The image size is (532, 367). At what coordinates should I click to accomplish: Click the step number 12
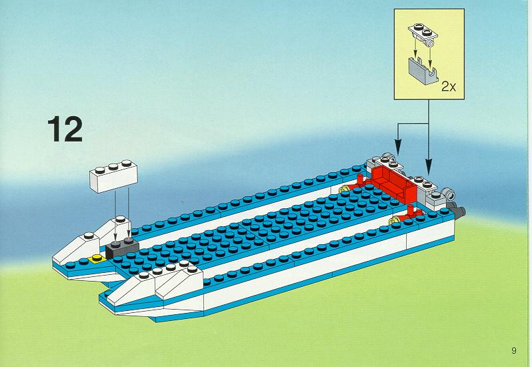click(65, 129)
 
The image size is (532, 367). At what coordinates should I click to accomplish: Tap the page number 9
click(514, 350)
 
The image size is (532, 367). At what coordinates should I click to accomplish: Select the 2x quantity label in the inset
click(449, 87)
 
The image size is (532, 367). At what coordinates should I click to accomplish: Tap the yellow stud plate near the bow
click(97, 259)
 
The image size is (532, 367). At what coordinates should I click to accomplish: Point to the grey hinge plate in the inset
click(423, 34)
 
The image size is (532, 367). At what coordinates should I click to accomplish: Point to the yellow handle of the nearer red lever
click(395, 220)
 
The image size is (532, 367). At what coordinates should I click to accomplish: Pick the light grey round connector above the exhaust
click(450, 195)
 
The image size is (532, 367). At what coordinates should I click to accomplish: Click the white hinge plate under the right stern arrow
click(425, 184)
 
